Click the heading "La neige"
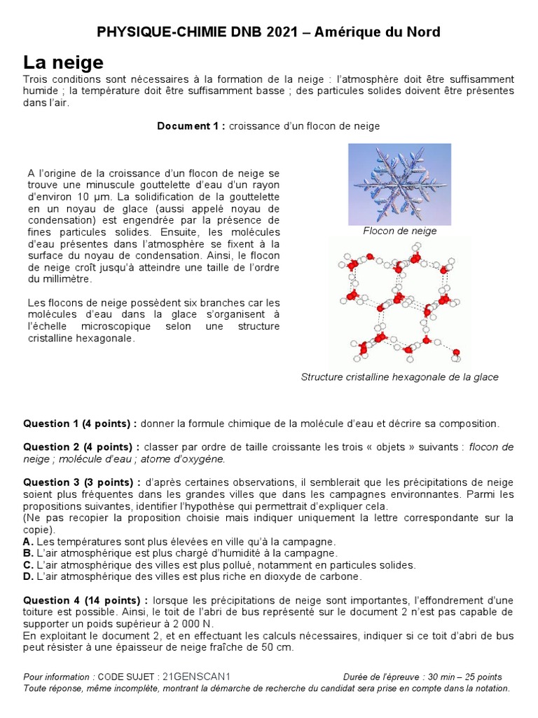click(63, 62)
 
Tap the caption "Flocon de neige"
click(399, 231)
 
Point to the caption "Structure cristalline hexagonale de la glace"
click(399, 377)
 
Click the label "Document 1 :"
click(191, 126)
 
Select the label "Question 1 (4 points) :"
click(81, 424)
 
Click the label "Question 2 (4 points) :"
click(81, 447)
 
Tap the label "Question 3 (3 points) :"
click(81, 482)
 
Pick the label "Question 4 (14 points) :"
click(84, 600)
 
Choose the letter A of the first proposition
click(27, 542)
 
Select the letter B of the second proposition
click(27, 553)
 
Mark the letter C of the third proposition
click(27, 564)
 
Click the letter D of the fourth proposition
click(27, 576)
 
